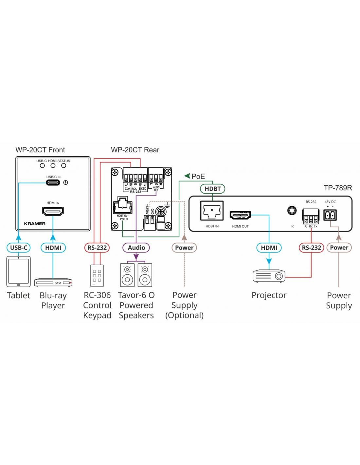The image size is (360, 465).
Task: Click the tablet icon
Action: point(18,271)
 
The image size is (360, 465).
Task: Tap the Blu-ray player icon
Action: point(53,282)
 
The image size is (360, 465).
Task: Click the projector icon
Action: point(269,276)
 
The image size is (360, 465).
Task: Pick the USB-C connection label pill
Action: point(19,248)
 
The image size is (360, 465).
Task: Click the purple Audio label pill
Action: point(136,248)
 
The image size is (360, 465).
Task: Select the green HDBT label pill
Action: point(212,189)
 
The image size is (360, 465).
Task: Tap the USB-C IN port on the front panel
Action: point(53,182)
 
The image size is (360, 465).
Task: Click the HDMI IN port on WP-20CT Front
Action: point(53,211)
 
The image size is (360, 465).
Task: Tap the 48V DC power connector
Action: point(330,215)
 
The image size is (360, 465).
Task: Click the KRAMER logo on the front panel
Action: point(35,224)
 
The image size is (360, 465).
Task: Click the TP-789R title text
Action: point(338,188)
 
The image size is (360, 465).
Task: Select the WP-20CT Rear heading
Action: point(135,150)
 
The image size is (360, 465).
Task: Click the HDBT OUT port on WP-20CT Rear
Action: point(122,207)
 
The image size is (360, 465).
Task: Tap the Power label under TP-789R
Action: point(339,248)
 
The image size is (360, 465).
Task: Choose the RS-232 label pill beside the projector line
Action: point(311,248)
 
